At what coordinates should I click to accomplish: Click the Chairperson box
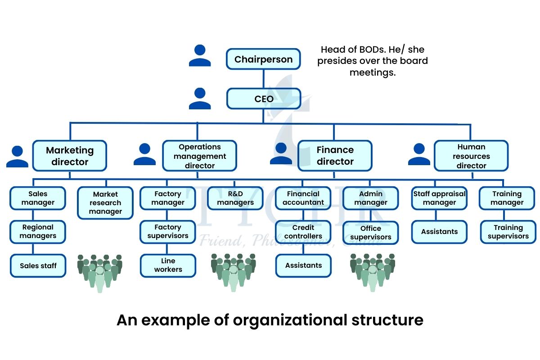pyautogui.click(x=263, y=59)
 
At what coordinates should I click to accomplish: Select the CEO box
pyautogui.click(x=263, y=99)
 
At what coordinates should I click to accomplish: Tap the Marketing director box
pyautogui.click(x=70, y=156)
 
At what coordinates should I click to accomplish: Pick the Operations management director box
pyautogui.click(x=200, y=156)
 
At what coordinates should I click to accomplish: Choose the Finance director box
pyautogui.click(x=335, y=156)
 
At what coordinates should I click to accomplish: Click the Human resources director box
pyautogui.click(x=471, y=156)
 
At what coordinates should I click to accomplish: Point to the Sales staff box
pyautogui.click(x=38, y=265)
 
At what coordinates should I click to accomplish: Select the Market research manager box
pyautogui.click(x=105, y=202)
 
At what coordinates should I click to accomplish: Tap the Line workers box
pyautogui.click(x=168, y=265)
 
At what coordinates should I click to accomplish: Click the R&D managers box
pyautogui.click(x=235, y=198)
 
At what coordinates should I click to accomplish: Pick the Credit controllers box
pyautogui.click(x=303, y=232)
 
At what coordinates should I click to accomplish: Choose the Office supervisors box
pyautogui.click(x=370, y=233)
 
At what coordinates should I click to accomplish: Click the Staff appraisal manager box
pyautogui.click(x=439, y=198)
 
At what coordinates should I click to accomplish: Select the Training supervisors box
pyautogui.click(x=508, y=232)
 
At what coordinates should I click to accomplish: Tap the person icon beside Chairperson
pyautogui.click(x=200, y=56)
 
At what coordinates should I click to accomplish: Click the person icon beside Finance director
pyautogui.click(x=281, y=153)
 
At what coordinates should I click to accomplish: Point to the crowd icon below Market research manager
pyautogui.click(x=99, y=272)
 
